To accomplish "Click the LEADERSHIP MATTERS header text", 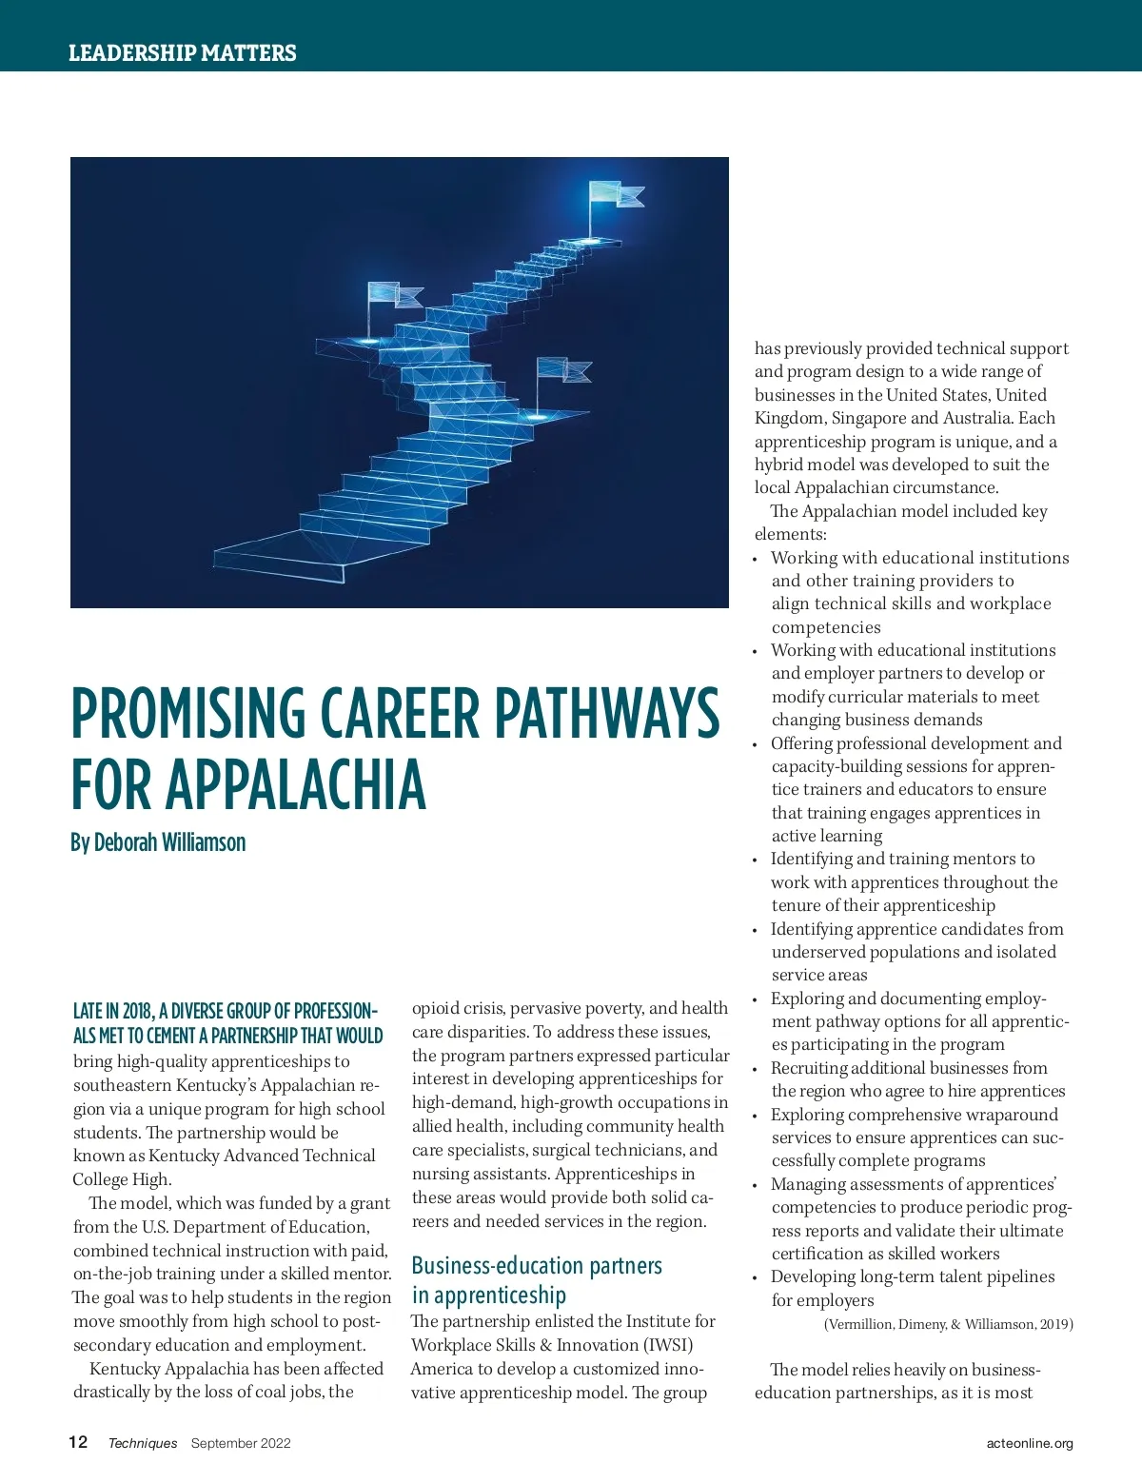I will click(182, 53).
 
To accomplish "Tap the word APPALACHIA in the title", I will click(296, 786).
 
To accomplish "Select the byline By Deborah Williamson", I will click(158, 842).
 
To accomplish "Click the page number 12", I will click(78, 1442).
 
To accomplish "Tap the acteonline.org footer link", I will click(1030, 1443).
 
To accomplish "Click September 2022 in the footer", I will click(241, 1443).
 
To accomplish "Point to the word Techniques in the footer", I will click(143, 1443).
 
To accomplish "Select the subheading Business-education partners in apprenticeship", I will click(537, 1280).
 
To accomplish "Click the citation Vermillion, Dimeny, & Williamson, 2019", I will click(948, 1324).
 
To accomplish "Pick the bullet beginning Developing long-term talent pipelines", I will click(912, 1288).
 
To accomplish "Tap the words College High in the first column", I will click(122, 1179).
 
